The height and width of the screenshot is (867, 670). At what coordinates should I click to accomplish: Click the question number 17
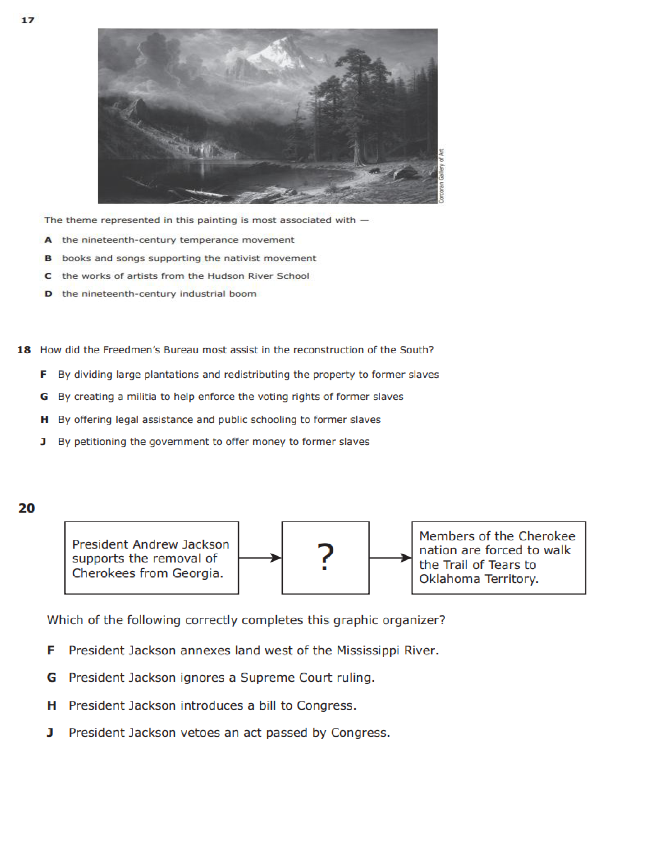pyautogui.click(x=28, y=20)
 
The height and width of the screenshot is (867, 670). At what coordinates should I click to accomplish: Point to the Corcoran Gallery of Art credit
pyautogui.click(x=441, y=176)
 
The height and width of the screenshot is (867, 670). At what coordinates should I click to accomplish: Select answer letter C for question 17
pyautogui.click(x=48, y=276)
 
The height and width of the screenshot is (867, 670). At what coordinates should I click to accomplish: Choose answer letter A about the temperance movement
pyautogui.click(x=48, y=240)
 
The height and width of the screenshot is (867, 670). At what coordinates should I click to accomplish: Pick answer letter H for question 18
pyautogui.click(x=44, y=420)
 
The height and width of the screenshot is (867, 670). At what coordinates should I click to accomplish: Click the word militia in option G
pyautogui.click(x=141, y=396)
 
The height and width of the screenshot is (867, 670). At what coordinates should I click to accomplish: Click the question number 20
pyautogui.click(x=27, y=508)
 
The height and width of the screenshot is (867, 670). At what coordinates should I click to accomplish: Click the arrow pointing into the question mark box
pyautogui.click(x=260, y=558)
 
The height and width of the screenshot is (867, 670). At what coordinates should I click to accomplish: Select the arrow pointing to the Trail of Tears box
pyautogui.click(x=390, y=558)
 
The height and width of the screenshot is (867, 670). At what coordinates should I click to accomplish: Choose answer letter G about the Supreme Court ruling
pyautogui.click(x=51, y=678)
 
